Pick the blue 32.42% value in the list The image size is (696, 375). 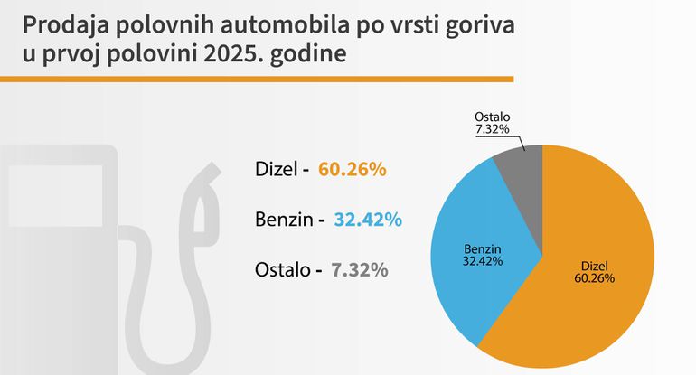tap(368, 220)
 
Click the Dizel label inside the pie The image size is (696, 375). tap(594, 266)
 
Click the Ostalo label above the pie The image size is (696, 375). tap(493, 118)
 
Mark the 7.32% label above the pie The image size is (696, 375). tap(493, 130)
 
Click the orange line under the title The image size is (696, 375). tap(258, 80)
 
